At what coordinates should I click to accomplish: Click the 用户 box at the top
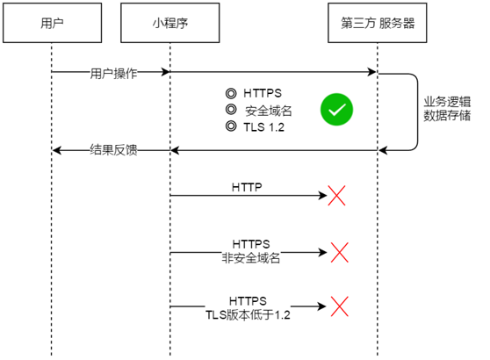click(x=52, y=23)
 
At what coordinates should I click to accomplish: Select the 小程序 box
click(x=170, y=23)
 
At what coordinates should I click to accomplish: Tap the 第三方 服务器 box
click(x=378, y=23)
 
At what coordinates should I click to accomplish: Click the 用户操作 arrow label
click(x=114, y=74)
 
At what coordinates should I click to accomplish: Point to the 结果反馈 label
click(x=114, y=149)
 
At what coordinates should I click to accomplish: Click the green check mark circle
click(x=336, y=110)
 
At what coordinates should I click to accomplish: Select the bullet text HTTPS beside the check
click(x=263, y=93)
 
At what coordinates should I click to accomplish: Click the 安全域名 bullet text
click(x=269, y=111)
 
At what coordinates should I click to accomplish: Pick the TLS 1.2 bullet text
click(x=264, y=127)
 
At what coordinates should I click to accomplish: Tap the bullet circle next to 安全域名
click(x=231, y=110)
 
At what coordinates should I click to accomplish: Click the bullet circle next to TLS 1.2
click(x=231, y=126)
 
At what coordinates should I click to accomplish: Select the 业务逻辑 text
click(x=447, y=102)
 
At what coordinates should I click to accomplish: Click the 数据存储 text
click(x=447, y=115)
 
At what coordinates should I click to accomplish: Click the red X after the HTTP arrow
click(x=336, y=196)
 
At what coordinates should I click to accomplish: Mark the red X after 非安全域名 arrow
click(x=339, y=253)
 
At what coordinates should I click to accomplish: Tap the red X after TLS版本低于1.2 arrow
click(x=339, y=306)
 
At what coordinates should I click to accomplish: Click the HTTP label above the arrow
click(x=247, y=187)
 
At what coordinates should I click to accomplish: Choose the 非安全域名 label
click(x=251, y=258)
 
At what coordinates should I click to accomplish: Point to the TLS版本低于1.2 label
click(x=248, y=314)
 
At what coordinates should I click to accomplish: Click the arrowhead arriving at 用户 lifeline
click(x=56, y=150)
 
